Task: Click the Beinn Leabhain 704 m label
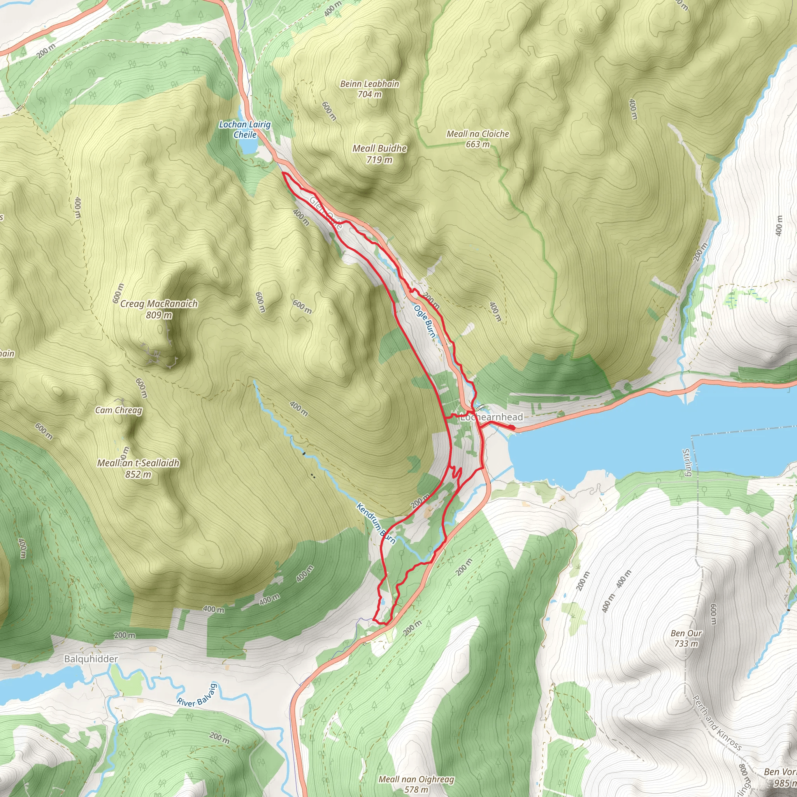pos(370,89)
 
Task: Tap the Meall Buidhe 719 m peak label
pos(379,154)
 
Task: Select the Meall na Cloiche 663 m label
pos(478,139)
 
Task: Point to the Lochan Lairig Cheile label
pos(245,129)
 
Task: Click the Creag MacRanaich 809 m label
pos(159,309)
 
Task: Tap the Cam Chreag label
pos(118,410)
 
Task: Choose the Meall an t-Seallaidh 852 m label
pos(138,468)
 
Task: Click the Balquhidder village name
pos(91,659)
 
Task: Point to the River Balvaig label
pos(197,695)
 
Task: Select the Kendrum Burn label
pos(376,523)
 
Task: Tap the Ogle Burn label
pos(425,321)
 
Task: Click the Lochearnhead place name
pos(492,417)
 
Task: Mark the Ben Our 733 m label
pos(686,638)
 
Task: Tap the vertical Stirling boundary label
pos(686,462)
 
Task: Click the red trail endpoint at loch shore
pos(512,428)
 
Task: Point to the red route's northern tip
pos(283,173)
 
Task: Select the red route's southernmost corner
pos(374,620)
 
